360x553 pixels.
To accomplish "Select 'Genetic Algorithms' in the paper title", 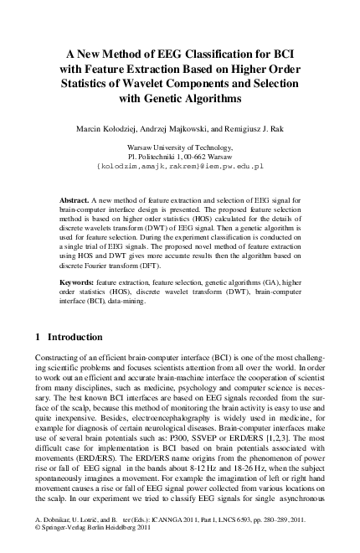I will pyautogui.click(x=193, y=98).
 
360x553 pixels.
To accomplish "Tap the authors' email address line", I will pyautogui.click(x=180, y=166).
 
